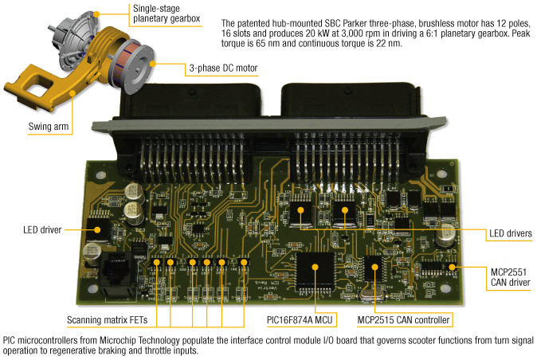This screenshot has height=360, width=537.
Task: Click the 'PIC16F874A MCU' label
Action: click(300, 320)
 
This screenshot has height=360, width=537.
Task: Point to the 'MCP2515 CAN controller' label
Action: click(404, 320)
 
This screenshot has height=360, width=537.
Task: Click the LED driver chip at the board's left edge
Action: click(99, 229)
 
